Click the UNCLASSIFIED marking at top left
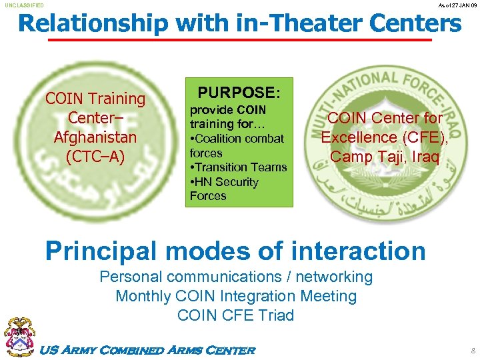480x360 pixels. (x=24, y=5)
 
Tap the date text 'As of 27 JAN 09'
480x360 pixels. (x=457, y=5)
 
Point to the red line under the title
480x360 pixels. (x=240, y=40)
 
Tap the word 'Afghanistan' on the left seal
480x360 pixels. (x=95, y=137)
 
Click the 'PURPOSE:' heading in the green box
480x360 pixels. (x=239, y=92)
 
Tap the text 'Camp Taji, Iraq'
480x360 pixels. (x=385, y=157)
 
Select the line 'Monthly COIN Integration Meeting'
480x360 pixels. (x=236, y=296)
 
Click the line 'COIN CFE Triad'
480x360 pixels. (x=236, y=315)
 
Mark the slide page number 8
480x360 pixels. (x=473, y=349)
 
